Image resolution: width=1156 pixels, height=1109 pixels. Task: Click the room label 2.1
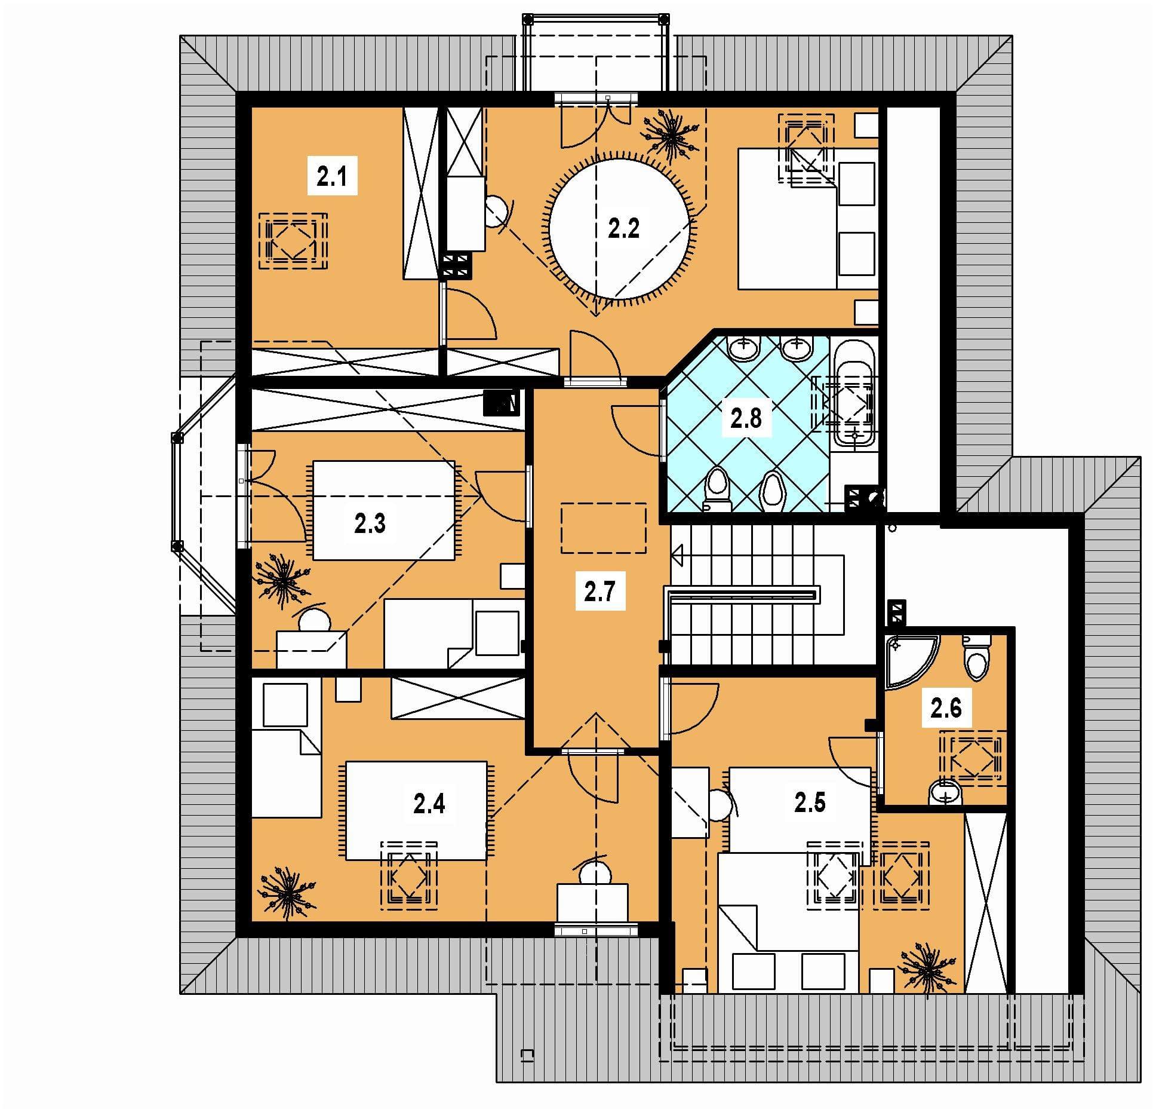click(332, 177)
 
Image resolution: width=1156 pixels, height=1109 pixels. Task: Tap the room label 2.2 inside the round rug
click(623, 228)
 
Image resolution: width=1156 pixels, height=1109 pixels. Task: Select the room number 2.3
click(370, 523)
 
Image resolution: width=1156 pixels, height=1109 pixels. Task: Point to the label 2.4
click(429, 804)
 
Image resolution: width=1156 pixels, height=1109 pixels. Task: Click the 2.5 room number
click(810, 803)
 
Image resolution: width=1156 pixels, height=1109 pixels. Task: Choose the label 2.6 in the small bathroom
click(946, 708)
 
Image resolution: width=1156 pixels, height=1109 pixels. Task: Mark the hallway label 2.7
click(599, 592)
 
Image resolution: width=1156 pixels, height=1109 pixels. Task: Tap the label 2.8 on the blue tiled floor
click(746, 418)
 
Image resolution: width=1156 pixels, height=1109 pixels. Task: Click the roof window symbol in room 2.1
click(293, 241)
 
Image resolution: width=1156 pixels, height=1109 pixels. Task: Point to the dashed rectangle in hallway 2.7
click(603, 528)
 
